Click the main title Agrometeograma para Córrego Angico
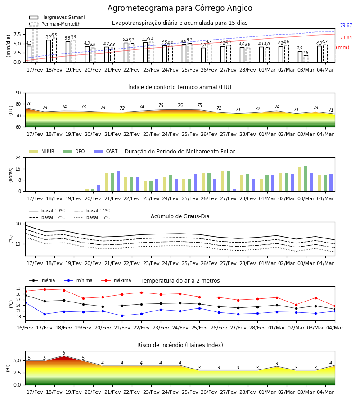[180, 8]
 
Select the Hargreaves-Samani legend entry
[57, 17]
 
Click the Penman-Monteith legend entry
[55, 24]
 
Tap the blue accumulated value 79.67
[346, 25]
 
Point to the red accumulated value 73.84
[346, 37]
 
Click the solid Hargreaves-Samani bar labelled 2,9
[300, 57]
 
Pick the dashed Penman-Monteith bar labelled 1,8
[306, 59]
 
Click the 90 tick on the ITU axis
[18, 93]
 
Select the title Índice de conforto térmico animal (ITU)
[180, 87]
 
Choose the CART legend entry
[106, 151]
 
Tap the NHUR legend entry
[42, 151]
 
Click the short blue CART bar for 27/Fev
[234, 190]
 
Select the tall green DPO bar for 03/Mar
[306, 179]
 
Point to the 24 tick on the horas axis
[18, 157]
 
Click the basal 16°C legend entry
[92, 217]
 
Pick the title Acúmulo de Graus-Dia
[180, 216]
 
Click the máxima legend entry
[116, 280]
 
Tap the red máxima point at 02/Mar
[296, 305]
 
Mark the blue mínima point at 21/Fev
[122, 315]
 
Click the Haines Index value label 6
[64, 353]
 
